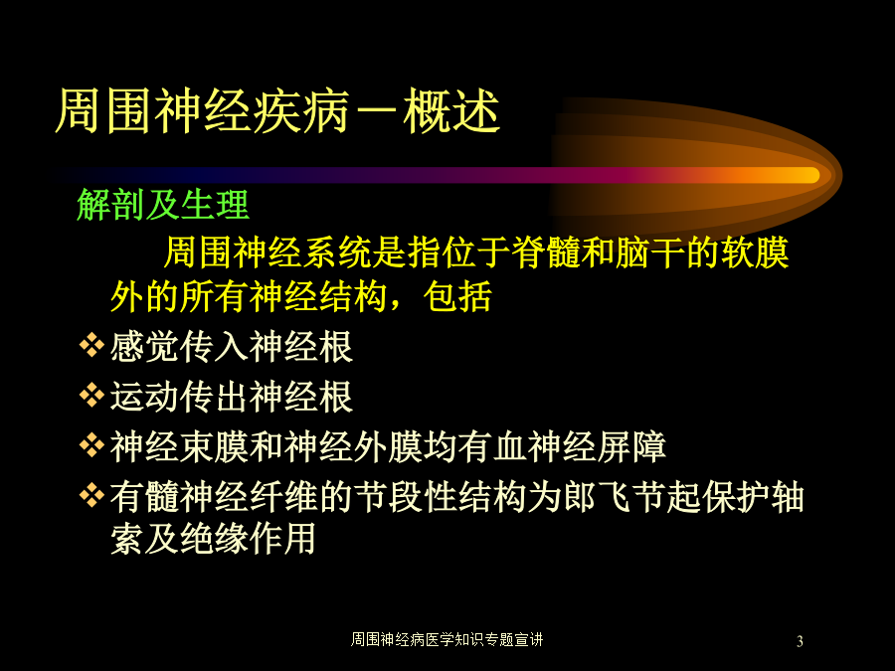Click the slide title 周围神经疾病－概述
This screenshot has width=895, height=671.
tap(278, 111)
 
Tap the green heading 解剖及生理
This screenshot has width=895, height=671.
tap(163, 204)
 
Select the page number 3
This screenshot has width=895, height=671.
tap(800, 641)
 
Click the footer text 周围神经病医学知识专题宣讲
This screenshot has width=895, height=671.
tap(447, 639)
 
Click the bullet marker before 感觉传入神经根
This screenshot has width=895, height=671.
tap(91, 345)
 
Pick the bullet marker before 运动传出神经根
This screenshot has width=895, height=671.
tap(91, 395)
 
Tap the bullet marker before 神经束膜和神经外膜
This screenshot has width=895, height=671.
tap(91, 445)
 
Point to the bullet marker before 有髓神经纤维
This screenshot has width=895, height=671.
tap(91, 495)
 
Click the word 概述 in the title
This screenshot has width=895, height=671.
tap(452, 111)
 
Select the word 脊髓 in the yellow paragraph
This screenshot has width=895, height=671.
tap(546, 252)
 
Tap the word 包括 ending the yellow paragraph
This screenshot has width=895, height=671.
tap(457, 296)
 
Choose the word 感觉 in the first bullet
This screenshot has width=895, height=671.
tap(144, 346)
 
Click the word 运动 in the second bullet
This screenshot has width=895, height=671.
tap(144, 396)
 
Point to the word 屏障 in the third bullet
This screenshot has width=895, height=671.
tap(631, 446)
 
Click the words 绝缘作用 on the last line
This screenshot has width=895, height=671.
tap(248, 538)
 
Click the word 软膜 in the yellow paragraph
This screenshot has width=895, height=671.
tap(755, 252)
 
